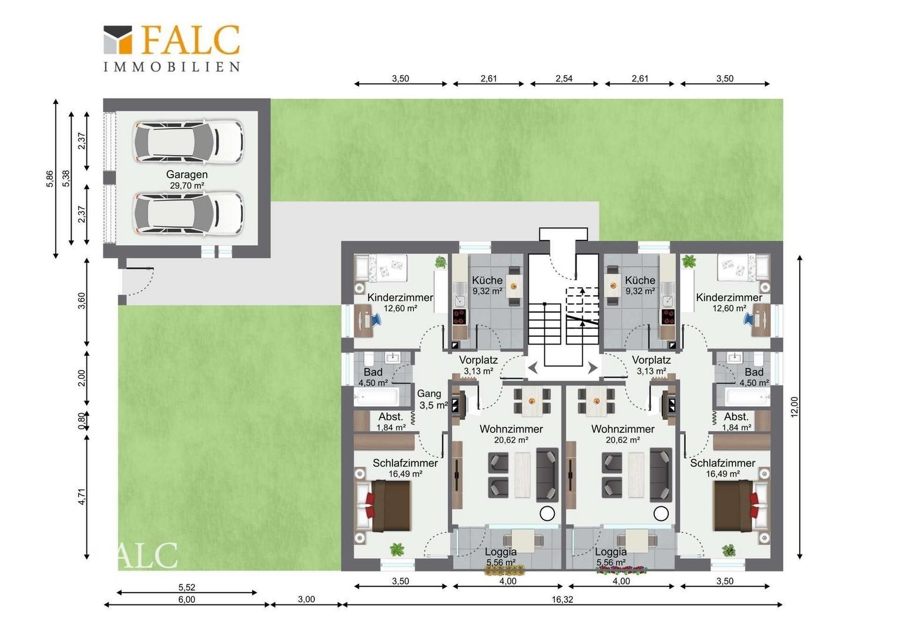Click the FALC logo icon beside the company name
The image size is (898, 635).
click(x=118, y=40)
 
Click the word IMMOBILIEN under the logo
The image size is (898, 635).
click(x=172, y=66)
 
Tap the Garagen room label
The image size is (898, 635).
click(x=187, y=175)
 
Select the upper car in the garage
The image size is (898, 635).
click(x=189, y=142)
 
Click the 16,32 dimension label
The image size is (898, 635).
click(x=562, y=600)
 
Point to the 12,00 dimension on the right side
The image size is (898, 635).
click(x=794, y=407)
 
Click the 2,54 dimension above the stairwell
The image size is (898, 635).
click(x=564, y=79)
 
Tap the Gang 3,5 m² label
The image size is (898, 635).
click(x=431, y=400)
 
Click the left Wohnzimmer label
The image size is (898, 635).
click(x=511, y=429)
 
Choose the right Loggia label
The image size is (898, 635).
click(x=611, y=552)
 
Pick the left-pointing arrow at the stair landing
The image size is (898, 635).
click(x=533, y=367)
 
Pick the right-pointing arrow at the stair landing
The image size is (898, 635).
click(x=592, y=367)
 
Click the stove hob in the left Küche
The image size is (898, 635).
click(x=459, y=316)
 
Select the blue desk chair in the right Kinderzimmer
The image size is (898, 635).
click(x=749, y=319)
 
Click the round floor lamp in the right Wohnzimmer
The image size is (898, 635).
click(x=661, y=513)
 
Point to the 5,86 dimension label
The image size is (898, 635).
click(x=49, y=179)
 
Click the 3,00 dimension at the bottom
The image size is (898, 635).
click(x=306, y=599)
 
